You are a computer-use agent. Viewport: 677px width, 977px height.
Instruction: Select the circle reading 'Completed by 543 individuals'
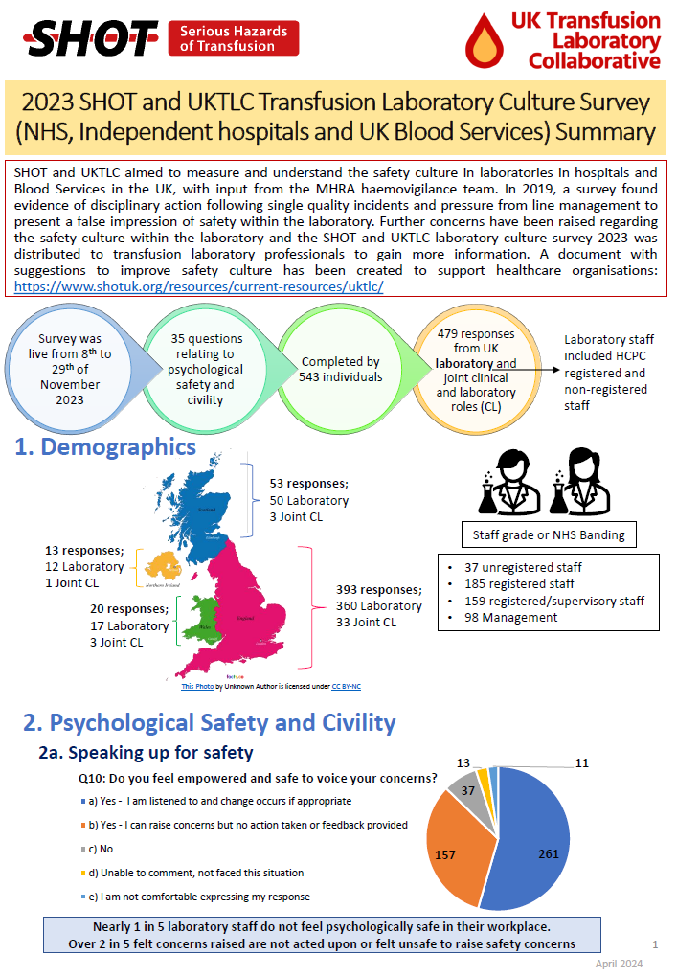point(341,369)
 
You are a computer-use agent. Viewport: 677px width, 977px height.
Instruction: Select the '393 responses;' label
point(379,589)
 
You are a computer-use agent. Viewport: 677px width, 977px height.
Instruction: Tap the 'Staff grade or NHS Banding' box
point(550,534)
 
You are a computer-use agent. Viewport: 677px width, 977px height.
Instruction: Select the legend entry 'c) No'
point(100,849)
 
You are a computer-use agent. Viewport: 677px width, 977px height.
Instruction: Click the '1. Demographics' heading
point(105,446)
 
